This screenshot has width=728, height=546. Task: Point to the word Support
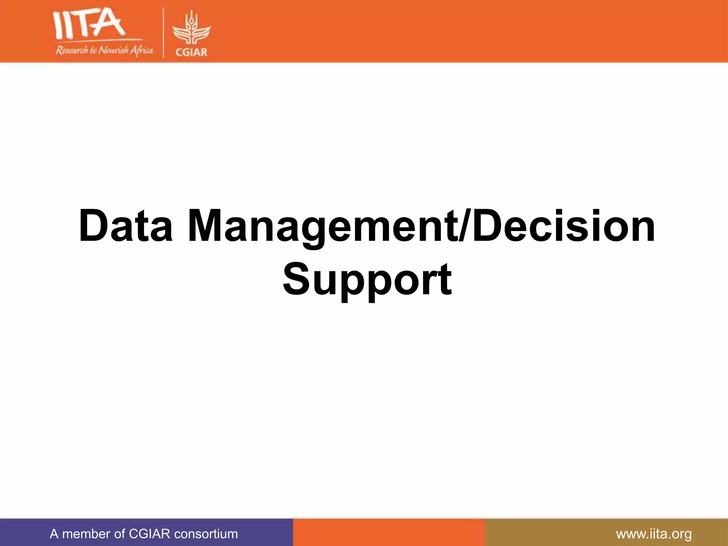click(367, 280)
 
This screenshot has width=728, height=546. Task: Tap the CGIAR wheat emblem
click(191, 30)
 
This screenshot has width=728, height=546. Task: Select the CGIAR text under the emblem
click(191, 52)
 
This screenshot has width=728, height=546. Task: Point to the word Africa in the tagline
click(141, 51)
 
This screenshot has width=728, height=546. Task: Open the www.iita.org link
click(654, 534)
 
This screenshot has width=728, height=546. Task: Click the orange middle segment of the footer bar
click(389, 532)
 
